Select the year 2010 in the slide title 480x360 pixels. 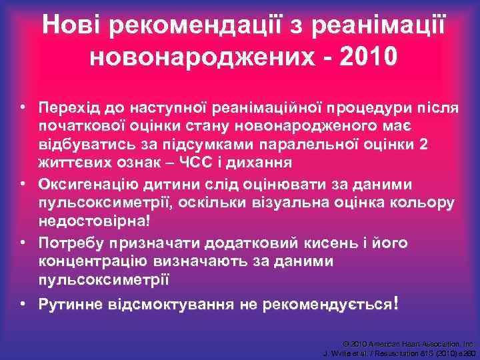click(x=369, y=57)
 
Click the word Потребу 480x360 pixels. click(x=72, y=243)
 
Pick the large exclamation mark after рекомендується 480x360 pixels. click(x=396, y=303)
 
